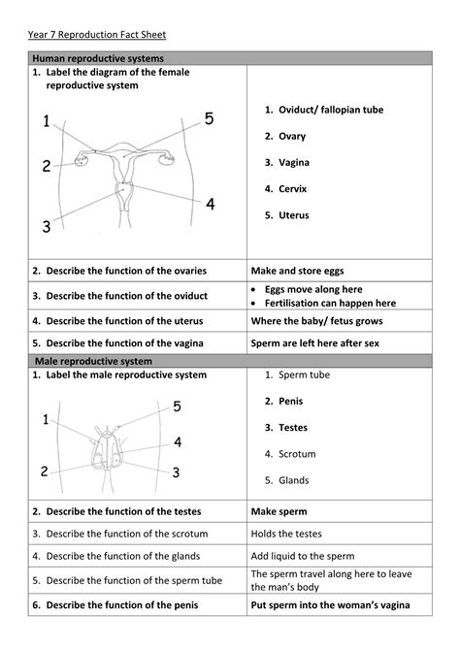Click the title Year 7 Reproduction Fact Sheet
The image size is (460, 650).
coord(97,35)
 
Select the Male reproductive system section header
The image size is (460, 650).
coord(95,360)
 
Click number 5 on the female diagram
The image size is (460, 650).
coord(209,119)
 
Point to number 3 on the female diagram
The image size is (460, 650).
coord(46,227)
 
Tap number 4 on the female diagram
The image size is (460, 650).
coord(210,204)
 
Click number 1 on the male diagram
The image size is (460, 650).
coord(46,419)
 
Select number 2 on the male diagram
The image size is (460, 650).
coord(44,471)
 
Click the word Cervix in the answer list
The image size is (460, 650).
coord(295,188)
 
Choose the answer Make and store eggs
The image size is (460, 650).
coord(297,271)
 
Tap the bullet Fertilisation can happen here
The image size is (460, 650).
coord(331,303)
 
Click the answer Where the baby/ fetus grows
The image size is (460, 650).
coord(316,320)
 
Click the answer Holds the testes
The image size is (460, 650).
coord(293,533)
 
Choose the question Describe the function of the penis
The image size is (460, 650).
coord(128,604)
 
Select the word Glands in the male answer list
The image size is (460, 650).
coord(294,480)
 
